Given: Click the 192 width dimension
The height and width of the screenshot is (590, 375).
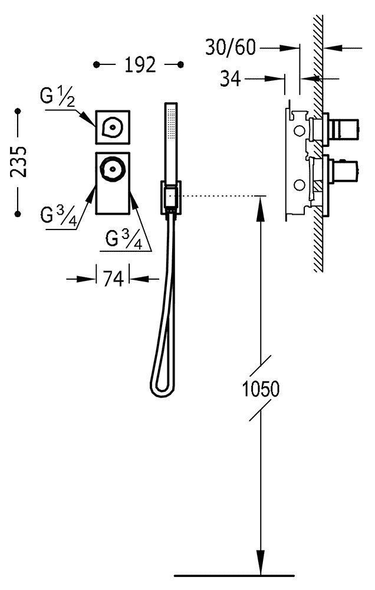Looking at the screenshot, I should pos(140,64).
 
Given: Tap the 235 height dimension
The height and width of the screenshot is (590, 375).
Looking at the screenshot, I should pos(18,160).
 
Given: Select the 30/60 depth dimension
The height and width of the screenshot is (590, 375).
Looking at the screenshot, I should pos(231,47).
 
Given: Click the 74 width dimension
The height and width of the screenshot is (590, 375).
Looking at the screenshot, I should pos(113,278).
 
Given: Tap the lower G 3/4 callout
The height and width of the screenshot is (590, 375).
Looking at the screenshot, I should pos(124,238).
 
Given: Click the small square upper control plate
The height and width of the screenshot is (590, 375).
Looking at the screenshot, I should pos(113,127).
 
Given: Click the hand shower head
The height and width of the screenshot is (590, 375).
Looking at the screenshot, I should pos(172,142).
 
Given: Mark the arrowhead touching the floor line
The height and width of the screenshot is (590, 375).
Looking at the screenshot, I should pos(259,563).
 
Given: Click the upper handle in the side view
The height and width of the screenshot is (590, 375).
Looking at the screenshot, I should pos(339,126).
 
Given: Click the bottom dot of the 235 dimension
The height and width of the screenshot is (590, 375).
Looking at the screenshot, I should pos(18,212).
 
